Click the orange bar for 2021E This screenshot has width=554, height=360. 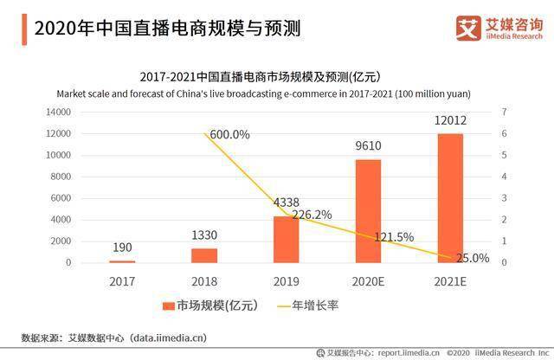pos(450,198)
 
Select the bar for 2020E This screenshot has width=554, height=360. pos(368,211)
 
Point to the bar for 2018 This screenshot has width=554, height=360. pos(204,255)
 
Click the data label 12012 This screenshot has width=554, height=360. pos(450,122)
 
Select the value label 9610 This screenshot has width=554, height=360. pos(368,146)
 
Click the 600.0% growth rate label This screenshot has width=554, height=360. pos(229,134)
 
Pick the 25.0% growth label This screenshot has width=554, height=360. pos(472,258)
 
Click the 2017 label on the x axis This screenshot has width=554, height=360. pos(122,281)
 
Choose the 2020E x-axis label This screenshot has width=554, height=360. pos(368,281)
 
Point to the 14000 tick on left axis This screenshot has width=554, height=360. pos(57,112)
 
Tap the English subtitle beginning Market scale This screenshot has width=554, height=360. pos(277,93)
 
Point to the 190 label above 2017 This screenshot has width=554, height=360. pos(122,248)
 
